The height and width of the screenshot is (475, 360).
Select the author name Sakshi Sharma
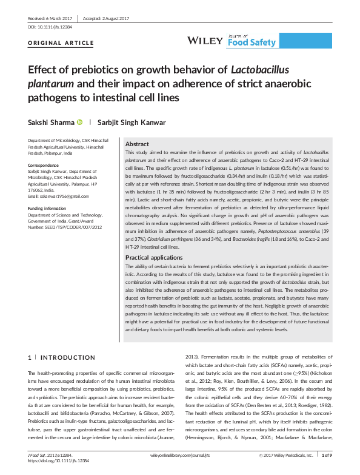coord(53,121)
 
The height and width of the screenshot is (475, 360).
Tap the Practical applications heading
coord(153,274)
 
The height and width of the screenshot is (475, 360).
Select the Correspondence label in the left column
coord(46,165)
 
